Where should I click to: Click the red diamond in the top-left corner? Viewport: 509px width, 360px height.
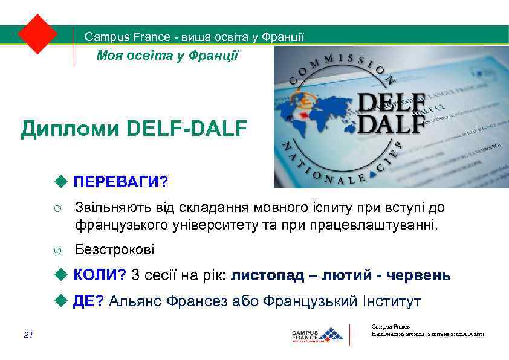[37, 33]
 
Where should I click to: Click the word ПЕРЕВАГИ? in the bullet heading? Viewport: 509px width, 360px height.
[120, 182]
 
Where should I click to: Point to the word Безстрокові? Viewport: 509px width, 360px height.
[114, 249]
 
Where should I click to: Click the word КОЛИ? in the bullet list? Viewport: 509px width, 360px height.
[100, 275]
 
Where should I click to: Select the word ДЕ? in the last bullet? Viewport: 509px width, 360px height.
[88, 301]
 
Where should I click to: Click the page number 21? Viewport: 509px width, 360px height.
[28, 335]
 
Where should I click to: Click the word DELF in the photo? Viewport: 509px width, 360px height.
[391, 101]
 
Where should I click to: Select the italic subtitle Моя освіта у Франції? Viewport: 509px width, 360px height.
[168, 56]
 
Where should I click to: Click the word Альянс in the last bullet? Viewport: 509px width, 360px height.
[138, 301]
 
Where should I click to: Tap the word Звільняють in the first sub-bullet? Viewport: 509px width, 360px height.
[112, 208]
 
